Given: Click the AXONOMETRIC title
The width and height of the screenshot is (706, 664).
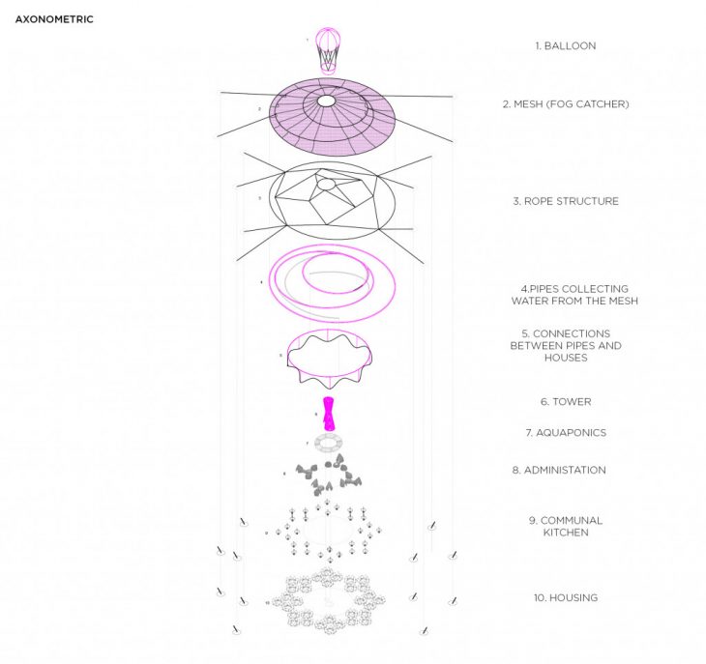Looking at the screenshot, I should point(54,18).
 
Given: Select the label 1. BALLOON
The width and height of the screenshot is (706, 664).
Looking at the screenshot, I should point(566,45).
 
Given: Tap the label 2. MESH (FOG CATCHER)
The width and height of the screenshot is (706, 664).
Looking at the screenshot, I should point(565,103).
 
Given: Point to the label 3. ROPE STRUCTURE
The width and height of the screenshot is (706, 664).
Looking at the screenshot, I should point(566,201).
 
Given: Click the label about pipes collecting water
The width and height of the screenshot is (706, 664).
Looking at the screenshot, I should point(574,295).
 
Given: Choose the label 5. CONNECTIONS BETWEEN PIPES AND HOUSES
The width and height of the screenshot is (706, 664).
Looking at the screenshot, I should point(566,345).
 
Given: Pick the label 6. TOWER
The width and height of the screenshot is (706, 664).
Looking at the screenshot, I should point(566,401).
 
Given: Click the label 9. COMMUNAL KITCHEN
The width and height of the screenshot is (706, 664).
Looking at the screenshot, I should point(566,526).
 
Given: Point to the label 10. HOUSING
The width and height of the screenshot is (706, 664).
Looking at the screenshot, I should point(566,597).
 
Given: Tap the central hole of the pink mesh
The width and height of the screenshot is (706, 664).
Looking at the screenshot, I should point(326,101).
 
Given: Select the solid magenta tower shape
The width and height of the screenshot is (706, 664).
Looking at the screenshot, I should point(330,414).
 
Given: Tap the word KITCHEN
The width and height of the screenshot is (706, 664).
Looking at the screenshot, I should point(566,533).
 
